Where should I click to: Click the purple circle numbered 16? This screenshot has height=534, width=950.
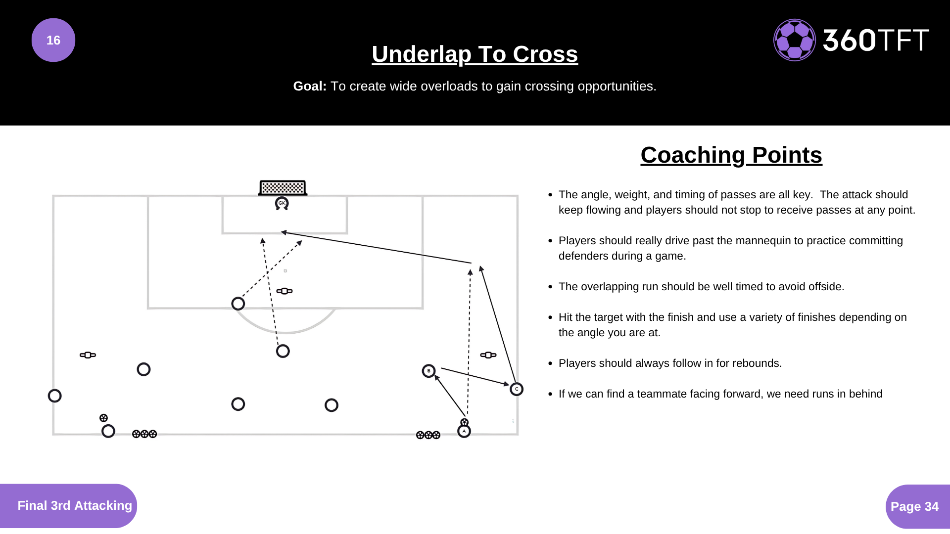pos(53,40)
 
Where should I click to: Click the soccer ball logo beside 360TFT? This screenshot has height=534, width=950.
pos(795,40)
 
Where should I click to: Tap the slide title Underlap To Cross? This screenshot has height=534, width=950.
pos(475,54)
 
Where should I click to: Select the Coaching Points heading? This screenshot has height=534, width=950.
pos(731,155)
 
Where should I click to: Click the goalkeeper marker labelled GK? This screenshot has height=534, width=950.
pos(282,203)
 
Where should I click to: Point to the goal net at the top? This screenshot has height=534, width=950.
pos(283,188)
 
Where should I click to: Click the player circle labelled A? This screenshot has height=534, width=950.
pos(464,431)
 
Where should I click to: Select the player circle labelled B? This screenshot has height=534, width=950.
pos(428,371)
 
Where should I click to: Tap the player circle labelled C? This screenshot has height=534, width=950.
pos(517,389)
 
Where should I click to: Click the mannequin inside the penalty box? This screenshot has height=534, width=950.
pos(285,291)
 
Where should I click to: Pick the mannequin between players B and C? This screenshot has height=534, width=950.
pos(488,355)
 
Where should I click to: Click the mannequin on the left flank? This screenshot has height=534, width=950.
pos(88,355)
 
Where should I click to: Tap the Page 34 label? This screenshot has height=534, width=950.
pos(914,506)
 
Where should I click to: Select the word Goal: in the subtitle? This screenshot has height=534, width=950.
pos(310,86)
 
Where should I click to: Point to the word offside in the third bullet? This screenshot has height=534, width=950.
pos(824,287)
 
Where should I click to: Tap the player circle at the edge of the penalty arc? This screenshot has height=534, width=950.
pos(238,304)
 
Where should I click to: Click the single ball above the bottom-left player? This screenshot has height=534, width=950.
pos(103,418)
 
